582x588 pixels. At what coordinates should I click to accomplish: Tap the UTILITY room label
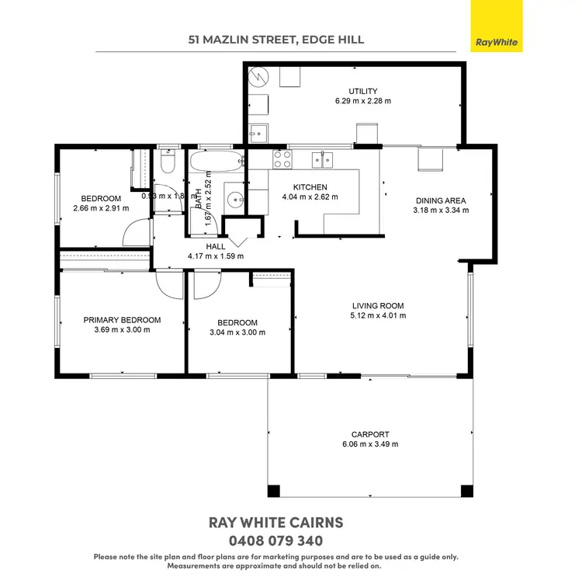coord(362,92)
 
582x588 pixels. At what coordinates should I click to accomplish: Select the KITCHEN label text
coord(310,187)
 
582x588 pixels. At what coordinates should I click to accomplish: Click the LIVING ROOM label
coord(378,305)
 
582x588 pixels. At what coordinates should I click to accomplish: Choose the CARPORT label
coord(370,434)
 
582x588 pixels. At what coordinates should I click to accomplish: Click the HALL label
coord(216,246)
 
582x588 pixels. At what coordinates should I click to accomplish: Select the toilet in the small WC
coord(168,163)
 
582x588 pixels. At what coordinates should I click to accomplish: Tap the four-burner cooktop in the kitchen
coord(280,160)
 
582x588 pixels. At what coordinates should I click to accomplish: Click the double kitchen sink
coord(323,160)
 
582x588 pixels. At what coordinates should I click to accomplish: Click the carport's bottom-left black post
coord(274,491)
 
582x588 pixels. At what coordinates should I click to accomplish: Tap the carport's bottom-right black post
coord(466,491)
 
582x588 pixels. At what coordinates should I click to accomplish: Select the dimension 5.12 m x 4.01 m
coord(378,315)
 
